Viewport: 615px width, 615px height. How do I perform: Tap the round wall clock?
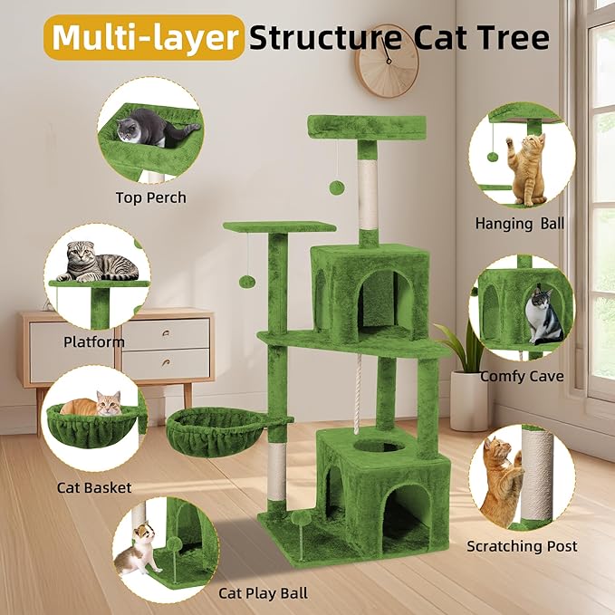(387, 61)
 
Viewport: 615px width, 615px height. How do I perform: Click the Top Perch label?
(150, 197)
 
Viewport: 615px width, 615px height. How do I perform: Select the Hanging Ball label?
(520, 223)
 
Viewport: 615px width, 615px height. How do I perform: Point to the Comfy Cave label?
(522, 376)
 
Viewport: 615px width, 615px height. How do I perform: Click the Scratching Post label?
(522, 546)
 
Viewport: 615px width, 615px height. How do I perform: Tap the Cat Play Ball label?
(263, 593)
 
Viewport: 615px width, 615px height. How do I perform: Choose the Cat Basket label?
(94, 488)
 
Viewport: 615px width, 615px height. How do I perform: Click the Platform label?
(94, 342)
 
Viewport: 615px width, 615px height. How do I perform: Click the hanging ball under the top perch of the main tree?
(336, 187)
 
